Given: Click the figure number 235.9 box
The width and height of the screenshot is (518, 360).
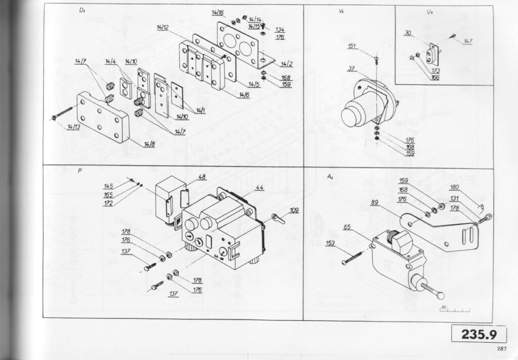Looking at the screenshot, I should point(478,335).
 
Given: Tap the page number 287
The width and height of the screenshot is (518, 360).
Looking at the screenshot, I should point(501,348).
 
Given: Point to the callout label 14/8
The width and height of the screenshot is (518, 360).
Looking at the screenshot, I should point(149,145).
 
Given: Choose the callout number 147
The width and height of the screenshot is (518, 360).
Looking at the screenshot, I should point(468,42).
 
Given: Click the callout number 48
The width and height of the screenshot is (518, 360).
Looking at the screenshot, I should point(202,177).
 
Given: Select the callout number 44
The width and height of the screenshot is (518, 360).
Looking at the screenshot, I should point(260,187).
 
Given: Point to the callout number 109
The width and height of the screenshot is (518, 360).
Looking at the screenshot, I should point(294,210).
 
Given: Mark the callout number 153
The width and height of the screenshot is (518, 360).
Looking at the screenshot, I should point(330,244).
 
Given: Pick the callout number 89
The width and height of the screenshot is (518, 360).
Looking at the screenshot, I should point(375,203).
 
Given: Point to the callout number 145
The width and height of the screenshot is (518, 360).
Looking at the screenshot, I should point(108,186).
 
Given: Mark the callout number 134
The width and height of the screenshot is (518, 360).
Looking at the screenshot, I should point(280,29).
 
